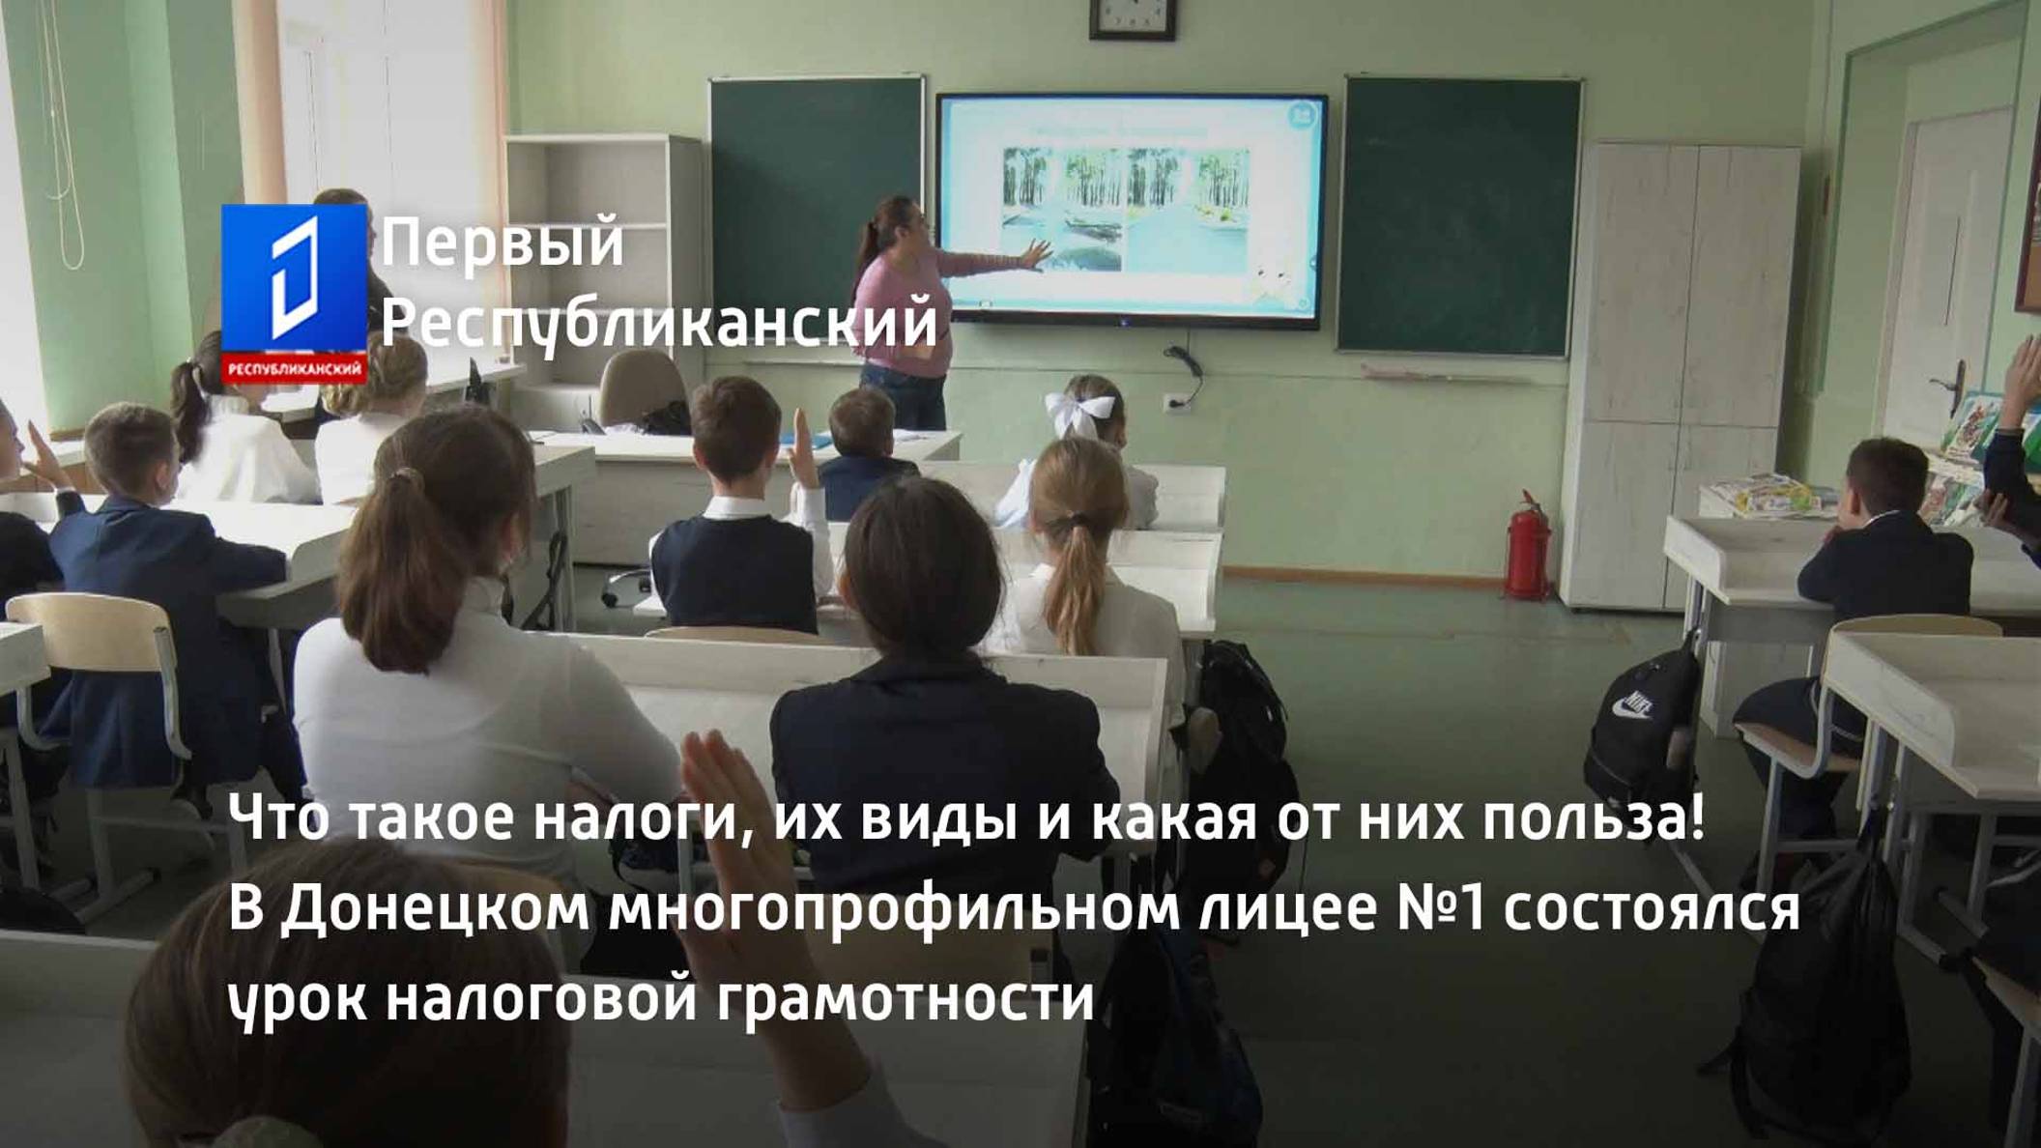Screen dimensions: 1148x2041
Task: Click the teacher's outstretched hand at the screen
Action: (1035, 254)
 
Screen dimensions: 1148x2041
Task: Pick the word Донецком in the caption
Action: (436, 908)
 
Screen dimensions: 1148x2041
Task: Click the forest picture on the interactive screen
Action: (1126, 208)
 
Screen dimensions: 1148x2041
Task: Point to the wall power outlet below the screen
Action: (1175, 402)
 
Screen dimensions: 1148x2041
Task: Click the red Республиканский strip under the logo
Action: (294, 369)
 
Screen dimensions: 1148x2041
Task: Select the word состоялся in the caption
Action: (1652, 908)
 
